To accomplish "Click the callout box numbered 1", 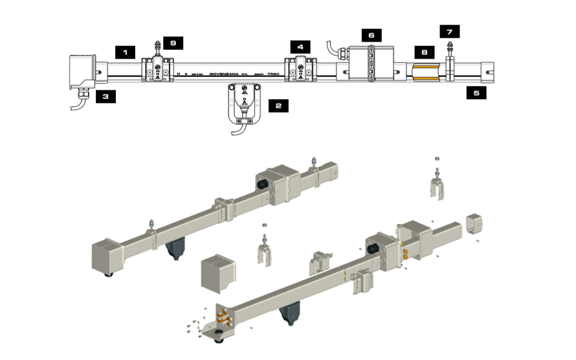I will [x=125, y=50].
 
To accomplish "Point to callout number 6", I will [x=371, y=34].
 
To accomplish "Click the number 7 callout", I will [x=449, y=31].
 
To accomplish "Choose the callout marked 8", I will [x=424, y=51].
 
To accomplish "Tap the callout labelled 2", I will [x=278, y=104].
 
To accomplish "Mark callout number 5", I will [x=476, y=93].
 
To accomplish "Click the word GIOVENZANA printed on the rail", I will [x=227, y=75].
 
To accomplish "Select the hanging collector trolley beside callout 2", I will [x=244, y=104].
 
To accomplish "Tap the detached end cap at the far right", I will [x=474, y=224].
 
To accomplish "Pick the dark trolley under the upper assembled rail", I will [x=176, y=249].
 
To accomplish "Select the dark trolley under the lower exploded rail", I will [x=287, y=316].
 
